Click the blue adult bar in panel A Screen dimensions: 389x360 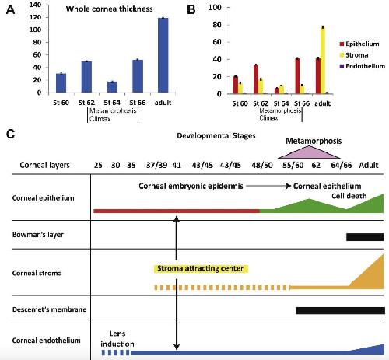coord(163,55)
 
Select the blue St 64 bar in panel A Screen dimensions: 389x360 coord(112,87)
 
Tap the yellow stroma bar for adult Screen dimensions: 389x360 coord(323,60)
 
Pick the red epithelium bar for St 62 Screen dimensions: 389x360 coord(256,79)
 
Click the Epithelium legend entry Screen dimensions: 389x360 coord(359,44)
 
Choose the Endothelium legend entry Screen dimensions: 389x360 coord(363,66)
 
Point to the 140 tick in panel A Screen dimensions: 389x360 coord(35,5)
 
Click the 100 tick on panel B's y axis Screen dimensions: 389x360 coord(215,7)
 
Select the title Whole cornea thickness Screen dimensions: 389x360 coord(110,9)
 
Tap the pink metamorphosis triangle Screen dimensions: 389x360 coord(309,153)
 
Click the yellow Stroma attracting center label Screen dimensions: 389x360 coord(201,268)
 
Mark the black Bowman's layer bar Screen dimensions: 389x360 coord(365,237)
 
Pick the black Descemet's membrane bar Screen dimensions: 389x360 coord(341,310)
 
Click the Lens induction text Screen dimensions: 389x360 coord(117,338)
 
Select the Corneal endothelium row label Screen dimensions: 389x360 coord(47,341)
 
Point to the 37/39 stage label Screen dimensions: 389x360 coord(156,165)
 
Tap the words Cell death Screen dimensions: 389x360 coord(349,196)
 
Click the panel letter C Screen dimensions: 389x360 coord(10,135)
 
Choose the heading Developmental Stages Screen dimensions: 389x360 coord(216,136)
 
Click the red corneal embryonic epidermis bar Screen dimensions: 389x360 coord(177,211)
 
